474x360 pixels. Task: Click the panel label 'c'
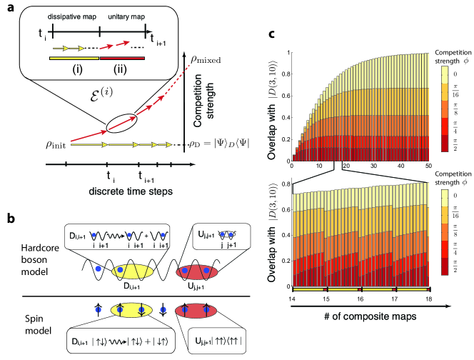tap(270, 34)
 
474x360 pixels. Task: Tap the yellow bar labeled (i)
tap(74, 58)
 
